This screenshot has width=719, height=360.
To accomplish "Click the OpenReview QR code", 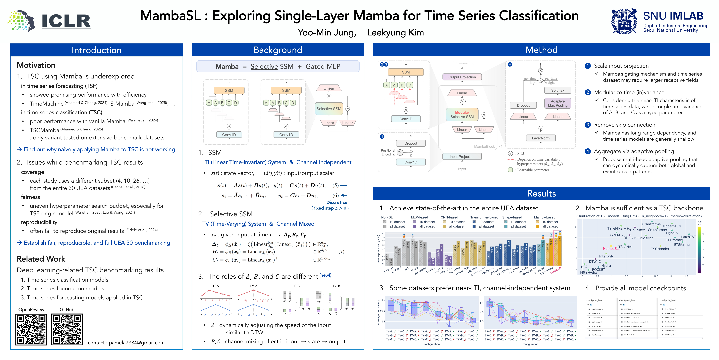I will click(31, 329).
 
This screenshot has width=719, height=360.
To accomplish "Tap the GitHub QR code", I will click(67, 329).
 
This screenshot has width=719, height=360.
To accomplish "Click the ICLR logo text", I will click(66, 21).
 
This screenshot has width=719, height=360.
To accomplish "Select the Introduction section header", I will click(97, 50).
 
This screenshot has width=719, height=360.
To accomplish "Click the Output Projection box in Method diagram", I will click(462, 77).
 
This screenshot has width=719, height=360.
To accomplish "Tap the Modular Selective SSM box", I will click(462, 115).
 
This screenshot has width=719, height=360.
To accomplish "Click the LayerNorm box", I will click(541, 138).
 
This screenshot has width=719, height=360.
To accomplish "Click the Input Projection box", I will click(462, 157).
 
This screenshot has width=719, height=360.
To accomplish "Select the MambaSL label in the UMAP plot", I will click(610, 249).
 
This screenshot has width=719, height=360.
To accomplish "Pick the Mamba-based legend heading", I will click(544, 217).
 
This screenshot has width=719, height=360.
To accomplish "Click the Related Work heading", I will click(41, 259).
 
